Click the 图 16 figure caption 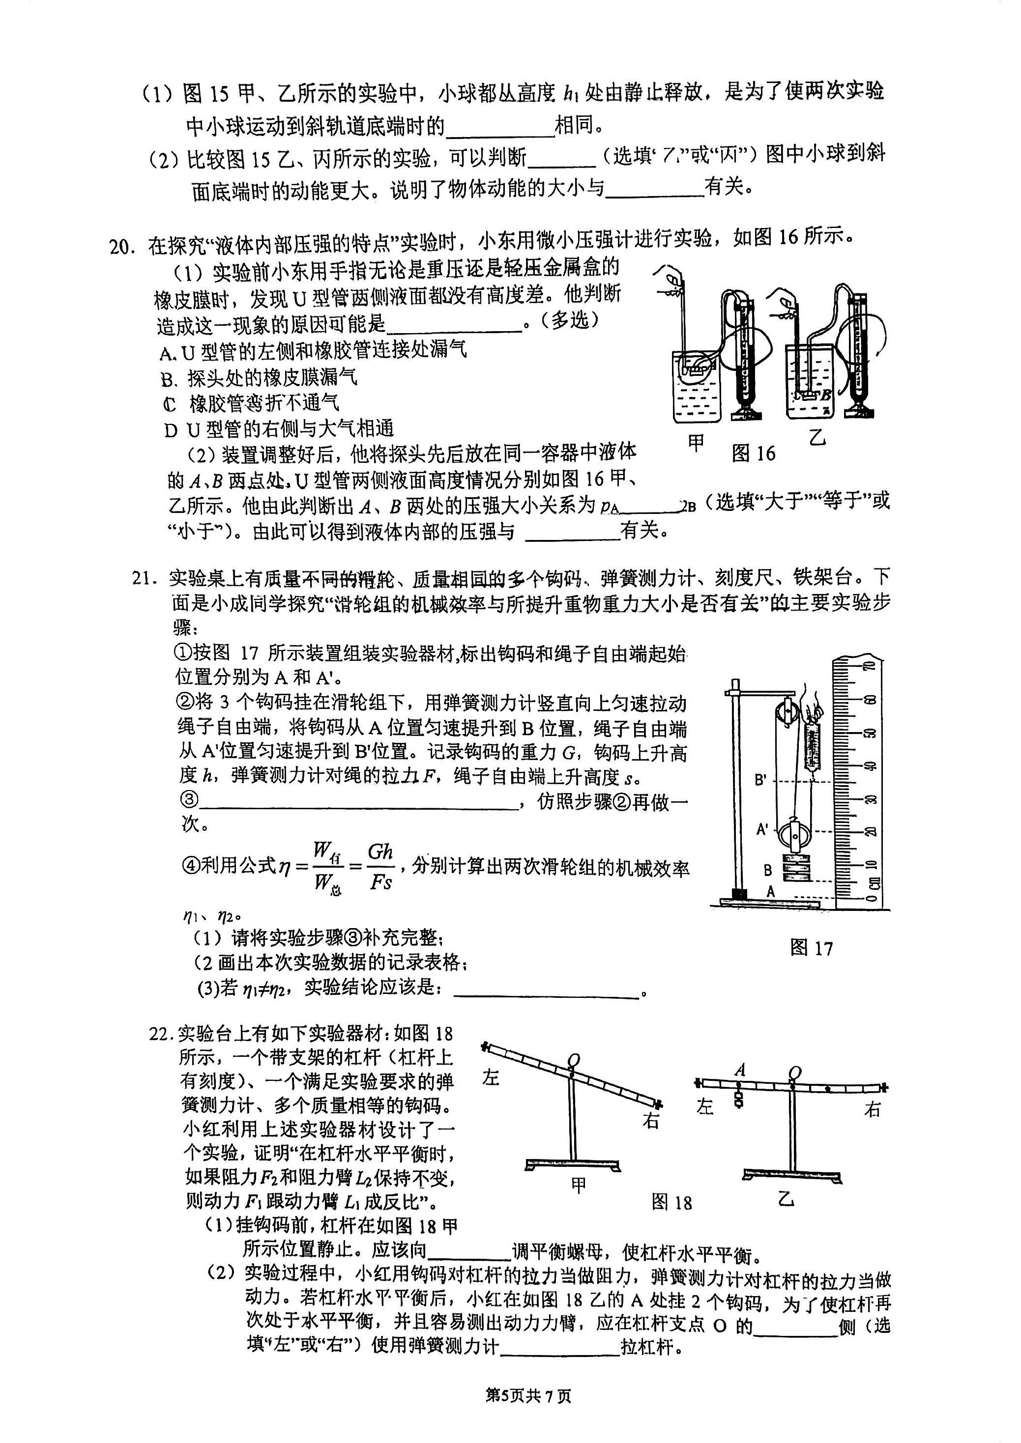tap(753, 453)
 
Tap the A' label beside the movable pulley tap(762, 830)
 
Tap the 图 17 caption tap(811, 948)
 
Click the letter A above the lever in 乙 tap(740, 1070)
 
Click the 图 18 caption tap(671, 1202)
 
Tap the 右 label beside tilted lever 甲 tap(652, 1120)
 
